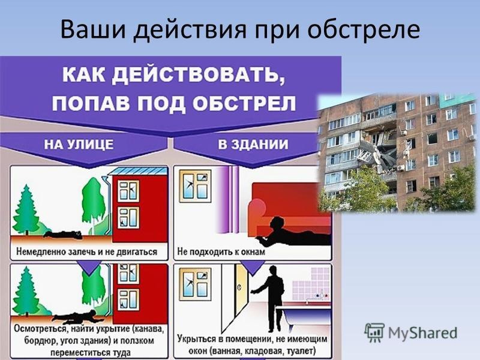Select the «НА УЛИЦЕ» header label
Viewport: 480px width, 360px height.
[79, 144]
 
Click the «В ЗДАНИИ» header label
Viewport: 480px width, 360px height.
[253, 144]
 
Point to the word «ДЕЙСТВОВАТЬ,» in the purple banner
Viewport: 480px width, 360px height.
[199, 76]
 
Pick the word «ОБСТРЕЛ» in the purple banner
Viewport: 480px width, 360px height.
[244, 103]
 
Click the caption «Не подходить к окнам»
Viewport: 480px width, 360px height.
[221, 251]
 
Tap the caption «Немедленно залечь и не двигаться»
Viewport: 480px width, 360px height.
[86, 251]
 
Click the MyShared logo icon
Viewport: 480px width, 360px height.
[374, 333]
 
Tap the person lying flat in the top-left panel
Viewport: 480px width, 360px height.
[64, 235]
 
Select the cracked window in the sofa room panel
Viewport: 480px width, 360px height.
[196, 186]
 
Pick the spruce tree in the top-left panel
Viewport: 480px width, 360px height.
[26, 210]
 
